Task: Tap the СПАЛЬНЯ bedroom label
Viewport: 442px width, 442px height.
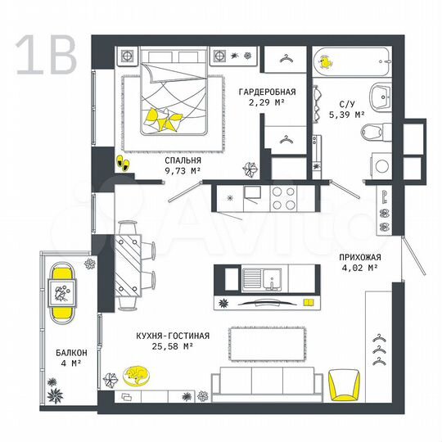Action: (182, 160)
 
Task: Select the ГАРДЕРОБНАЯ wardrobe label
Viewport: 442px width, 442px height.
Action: (266, 92)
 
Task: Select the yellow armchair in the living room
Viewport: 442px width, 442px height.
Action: (344, 385)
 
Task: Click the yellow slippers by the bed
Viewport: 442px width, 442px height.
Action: (123, 164)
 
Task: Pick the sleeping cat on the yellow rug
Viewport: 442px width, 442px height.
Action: (136, 374)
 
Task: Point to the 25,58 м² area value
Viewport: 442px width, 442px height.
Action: (173, 347)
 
